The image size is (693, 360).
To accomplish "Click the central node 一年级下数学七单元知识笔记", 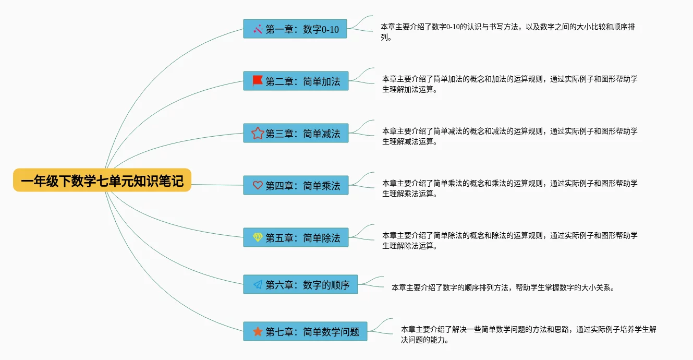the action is (102, 181).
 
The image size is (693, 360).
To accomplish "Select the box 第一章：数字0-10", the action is (295, 29).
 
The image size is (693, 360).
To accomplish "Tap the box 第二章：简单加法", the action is (296, 81).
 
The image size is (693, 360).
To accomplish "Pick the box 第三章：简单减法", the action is (296, 134).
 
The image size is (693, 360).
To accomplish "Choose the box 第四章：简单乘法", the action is (296, 186).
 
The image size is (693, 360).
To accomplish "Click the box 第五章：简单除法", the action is (296, 238).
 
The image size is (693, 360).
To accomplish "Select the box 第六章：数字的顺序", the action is (300, 285).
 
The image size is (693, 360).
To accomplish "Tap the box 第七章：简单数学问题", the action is (305, 332).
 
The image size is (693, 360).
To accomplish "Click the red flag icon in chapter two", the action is (258, 81).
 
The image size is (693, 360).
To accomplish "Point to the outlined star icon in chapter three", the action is (258, 133).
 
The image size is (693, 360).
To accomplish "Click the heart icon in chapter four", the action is (258, 185).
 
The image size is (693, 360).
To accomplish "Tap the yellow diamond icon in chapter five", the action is (258, 237).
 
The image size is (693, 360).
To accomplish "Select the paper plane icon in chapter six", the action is (258, 284).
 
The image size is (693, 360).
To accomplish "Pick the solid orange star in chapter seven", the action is (258, 331).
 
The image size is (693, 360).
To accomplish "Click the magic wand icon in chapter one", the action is (258, 29).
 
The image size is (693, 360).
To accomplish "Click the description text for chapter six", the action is (503, 287).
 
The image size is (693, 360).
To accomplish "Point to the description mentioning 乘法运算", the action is (509, 188).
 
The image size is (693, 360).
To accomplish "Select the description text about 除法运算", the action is (509, 241).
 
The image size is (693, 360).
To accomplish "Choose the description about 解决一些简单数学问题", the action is (528, 334).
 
